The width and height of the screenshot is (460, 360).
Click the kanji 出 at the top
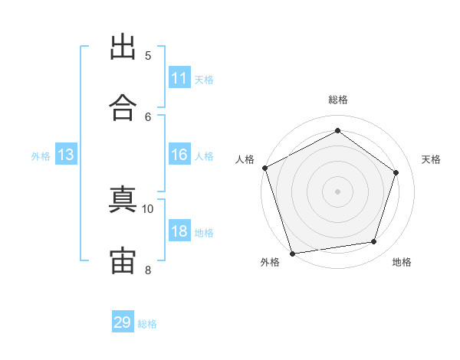pos(123,47)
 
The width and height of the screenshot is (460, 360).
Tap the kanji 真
pos(123,200)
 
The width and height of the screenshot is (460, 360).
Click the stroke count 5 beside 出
pos(148,55)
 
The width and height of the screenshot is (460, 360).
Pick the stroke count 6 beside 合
pos(148,116)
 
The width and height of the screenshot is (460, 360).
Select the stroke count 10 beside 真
pos(148,208)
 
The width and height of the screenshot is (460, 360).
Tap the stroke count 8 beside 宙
pos(148,269)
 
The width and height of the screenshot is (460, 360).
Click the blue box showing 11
pos(179,78)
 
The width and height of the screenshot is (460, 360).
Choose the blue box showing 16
pos(179,155)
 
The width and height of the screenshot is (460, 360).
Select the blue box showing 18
pos(179,231)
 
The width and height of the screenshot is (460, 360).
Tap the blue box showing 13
pos(66,155)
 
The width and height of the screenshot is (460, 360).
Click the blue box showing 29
pos(123,322)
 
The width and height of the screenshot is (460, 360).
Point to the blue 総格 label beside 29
pos(147,324)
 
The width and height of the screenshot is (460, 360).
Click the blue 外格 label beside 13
pos(41,156)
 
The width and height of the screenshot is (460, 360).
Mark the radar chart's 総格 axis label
pos(338,100)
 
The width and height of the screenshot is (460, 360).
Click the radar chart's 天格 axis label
pos(432,159)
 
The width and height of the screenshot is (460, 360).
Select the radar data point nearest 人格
pos(264,168)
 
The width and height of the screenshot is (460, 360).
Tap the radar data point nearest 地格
pos(374,242)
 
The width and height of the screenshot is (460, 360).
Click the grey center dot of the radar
pos(337,191)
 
